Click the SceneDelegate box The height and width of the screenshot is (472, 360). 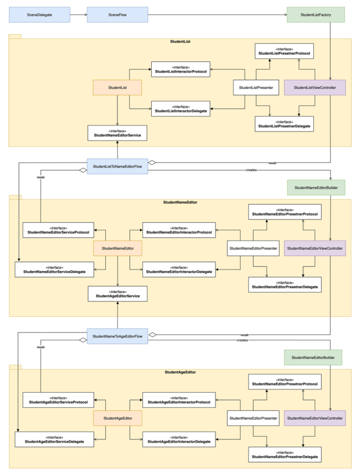pos(39,15)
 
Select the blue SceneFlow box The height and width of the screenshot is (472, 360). pos(117,15)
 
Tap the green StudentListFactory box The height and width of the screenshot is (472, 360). pos(316,15)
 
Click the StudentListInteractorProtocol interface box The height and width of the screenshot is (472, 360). pos(181,70)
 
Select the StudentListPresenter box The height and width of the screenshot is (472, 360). pos(256,88)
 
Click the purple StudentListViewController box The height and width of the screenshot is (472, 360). pos(314,88)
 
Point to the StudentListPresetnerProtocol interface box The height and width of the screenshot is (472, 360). pos(284,52)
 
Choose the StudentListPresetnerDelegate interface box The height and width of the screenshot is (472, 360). pos(284,124)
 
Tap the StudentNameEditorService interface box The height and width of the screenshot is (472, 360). pos(117,133)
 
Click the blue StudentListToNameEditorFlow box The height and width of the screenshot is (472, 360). pos(117,167)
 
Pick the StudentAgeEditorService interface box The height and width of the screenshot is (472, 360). pos(117,293)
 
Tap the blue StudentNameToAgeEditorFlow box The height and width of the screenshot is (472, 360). pos(117,336)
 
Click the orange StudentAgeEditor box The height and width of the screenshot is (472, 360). pos(117,418)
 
